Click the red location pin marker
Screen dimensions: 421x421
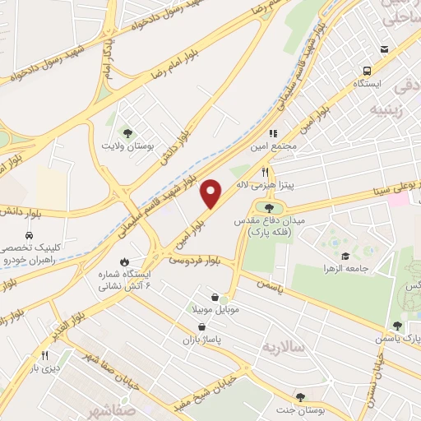[211, 193]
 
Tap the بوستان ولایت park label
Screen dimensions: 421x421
[127, 146]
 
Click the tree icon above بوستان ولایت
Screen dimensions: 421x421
[127, 132]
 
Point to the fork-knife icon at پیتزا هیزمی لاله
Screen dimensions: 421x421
[265, 173]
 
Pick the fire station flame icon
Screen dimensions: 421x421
[124, 262]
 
